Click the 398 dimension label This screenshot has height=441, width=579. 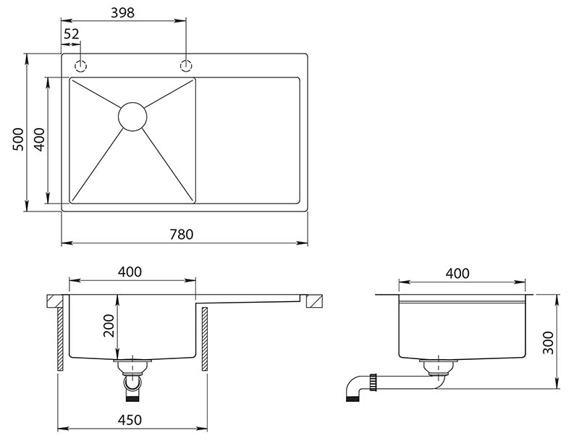click(x=122, y=13)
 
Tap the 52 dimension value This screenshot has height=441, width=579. click(x=71, y=34)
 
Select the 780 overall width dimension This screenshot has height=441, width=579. click(x=182, y=234)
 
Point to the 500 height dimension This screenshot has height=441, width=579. click(x=18, y=139)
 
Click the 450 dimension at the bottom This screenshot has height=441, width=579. click(x=130, y=420)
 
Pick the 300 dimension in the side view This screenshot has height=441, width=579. click(x=548, y=343)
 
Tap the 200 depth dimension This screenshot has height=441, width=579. click(x=109, y=325)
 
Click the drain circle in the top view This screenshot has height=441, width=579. click(x=132, y=117)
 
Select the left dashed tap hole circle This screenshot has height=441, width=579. click(x=80, y=67)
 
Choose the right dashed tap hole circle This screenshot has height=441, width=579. click(x=186, y=66)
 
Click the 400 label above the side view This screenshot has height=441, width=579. click(x=457, y=273)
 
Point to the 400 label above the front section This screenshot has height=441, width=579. click(x=130, y=272)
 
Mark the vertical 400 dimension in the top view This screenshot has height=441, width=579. click(x=39, y=139)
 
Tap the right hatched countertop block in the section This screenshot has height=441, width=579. click(x=314, y=301)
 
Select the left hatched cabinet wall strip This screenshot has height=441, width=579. click(x=61, y=339)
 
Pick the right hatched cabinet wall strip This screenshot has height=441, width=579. click(x=205, y=339)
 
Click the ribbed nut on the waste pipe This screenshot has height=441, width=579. click(x=373, y=382)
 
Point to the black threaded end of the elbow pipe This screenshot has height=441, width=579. click(x=352, y=398)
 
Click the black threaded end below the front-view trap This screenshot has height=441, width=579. click(x=132, y=398)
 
